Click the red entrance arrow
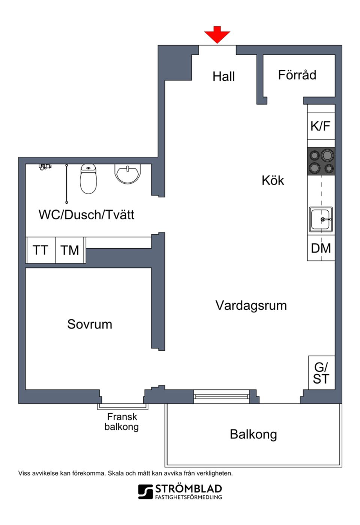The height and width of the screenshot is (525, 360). click(217, 35)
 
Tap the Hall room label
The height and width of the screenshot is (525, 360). click(223, 76)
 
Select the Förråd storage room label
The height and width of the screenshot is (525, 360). click(297, 75)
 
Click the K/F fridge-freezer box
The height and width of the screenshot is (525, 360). click(321, 126)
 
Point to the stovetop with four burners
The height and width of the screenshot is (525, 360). click(321, 161)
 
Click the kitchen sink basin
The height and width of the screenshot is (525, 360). click(321, 219)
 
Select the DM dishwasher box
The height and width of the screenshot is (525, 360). click(321, 248)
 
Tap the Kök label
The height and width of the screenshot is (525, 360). click(273, 180)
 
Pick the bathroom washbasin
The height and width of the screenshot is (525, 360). click(127, 174)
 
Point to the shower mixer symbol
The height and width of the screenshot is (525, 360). click(45, 166)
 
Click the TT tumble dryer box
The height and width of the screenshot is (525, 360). click(40, 250)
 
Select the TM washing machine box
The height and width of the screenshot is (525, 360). click(70, 250)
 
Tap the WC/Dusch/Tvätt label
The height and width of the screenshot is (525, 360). click(86, 214)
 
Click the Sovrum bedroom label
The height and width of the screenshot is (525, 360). click(90, 324)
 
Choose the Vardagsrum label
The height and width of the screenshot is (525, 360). click(251, 305)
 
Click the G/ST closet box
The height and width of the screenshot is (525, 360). click(321, 373)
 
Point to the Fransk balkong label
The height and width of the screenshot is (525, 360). click(122, 422)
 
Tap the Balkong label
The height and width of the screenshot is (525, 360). click(253, 434)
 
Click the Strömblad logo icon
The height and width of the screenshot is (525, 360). click(145, 492)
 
